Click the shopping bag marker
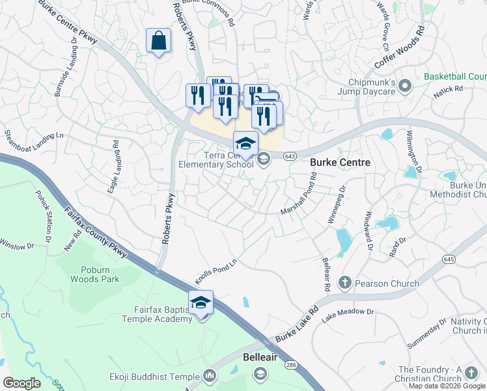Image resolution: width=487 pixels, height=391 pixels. click(x=158, y=41)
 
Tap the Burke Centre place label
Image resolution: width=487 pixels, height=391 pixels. click(x=340, y=162)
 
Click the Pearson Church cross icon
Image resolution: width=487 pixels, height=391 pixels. click(x=344, y=283)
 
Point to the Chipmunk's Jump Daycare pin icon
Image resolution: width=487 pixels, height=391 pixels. click(x=405, y=85)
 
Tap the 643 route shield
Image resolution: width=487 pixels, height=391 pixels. click(x=290, y=154)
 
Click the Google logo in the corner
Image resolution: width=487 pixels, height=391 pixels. click(x=21, y=383)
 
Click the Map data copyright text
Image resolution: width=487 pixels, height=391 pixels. click(x=447, y=386)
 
